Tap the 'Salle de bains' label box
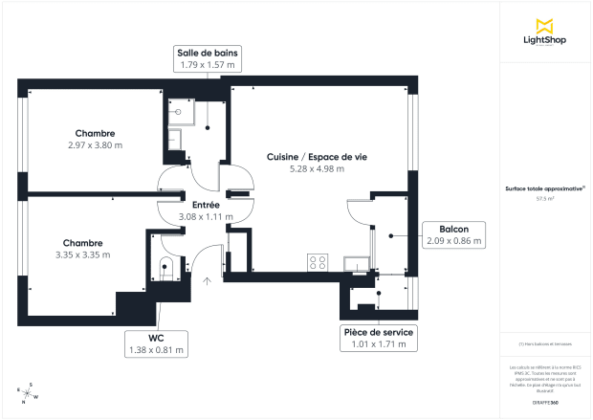[207, 58]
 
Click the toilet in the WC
[166, 268]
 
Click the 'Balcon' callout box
[453, 235]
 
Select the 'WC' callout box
[156, 343]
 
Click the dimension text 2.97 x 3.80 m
[96, 145]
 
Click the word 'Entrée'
[206, 205]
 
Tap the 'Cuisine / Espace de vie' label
[316, 156]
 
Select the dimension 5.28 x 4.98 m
[316, 168]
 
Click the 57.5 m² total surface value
[545, 199]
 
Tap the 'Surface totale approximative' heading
[545, 189]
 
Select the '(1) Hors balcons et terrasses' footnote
[545, 343]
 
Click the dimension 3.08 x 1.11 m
[206, 217]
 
